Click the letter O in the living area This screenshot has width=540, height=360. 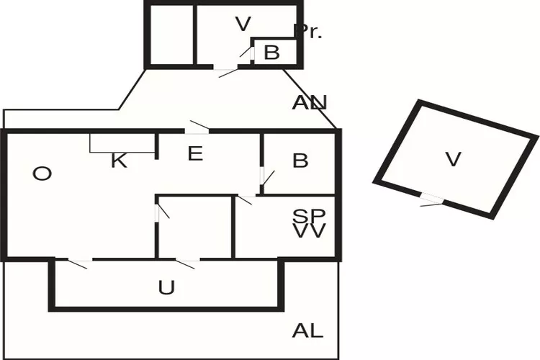coord(42,174)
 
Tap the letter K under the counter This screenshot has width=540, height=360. coord(119,161)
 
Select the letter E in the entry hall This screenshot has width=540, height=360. coord(194,153)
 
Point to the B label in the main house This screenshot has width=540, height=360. coord(300,161)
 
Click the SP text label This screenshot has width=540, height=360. coord(310,215)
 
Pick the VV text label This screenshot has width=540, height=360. coord(310,231)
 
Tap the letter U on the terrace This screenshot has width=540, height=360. coord(166,288)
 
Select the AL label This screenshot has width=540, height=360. coord(307,331)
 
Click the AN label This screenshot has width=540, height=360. coord(310,102)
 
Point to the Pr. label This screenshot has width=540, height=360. coord(307,31)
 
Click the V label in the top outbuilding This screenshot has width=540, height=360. coord(243,24)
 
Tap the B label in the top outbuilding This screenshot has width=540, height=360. coord(271,52)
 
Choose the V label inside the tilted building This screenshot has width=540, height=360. coord(453,159)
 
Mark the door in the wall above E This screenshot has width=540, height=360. coord(196,130)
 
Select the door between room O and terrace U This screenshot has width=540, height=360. coord(79,260)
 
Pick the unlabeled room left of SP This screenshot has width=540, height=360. coord(194,227)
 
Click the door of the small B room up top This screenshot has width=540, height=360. coord(253,53)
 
